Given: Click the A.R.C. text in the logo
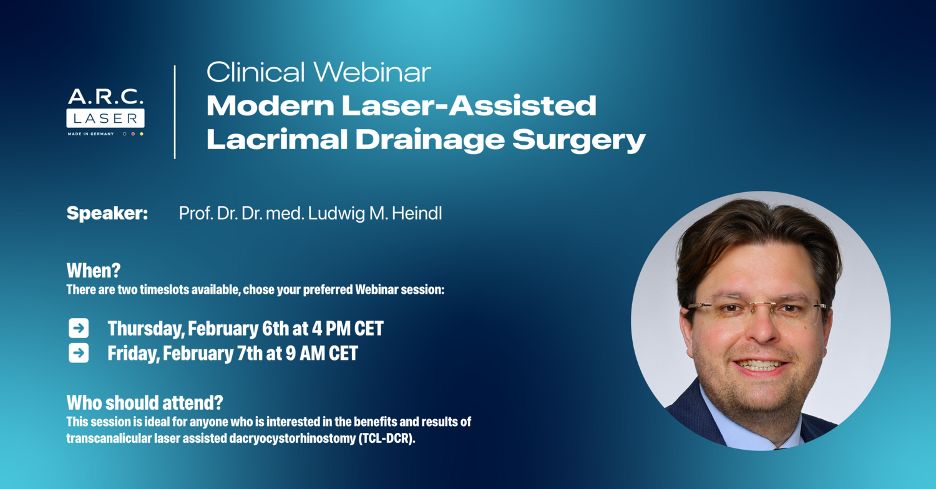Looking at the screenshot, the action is coord(105,97).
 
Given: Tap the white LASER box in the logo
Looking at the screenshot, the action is coord(105,118).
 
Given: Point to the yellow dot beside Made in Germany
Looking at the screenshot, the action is coord(142,134).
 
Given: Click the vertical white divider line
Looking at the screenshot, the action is coord(175,112).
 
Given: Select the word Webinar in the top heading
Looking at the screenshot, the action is coord(372,72).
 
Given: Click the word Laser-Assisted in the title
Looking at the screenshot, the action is coord(469,105).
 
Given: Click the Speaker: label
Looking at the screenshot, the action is coord(107,213).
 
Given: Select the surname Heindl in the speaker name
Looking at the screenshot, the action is coord(417,213).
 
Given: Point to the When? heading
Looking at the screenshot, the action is coord(94,271).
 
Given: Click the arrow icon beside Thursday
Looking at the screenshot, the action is coord(79,328).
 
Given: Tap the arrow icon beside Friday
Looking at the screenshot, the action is coord(79,353).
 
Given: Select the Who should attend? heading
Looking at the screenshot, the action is coord(145,403).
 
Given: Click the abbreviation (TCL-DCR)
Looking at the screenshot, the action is coord(387,439).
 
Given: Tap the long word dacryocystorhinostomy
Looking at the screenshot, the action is coord(293,439).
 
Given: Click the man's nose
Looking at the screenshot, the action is coord(761,330).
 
